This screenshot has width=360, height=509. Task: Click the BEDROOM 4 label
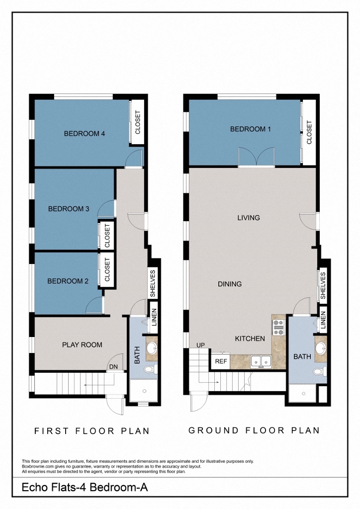pyautogui.click(x=84, y=133)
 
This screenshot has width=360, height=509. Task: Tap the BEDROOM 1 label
pyautogui.click(x=250, y=129)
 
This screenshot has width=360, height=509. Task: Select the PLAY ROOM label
pyautogui.click(x=82, y=344)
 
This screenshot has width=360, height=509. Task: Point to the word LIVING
pyautogui.click(x=249, y=218)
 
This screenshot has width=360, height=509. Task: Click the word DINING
pyautogui.click(x=230, y=284)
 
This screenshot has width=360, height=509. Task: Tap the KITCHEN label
pyautogui.click(x=250, y=339)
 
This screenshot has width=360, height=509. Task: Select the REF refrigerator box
pyautogui.click(x=221, y=362)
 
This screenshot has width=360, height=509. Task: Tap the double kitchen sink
pyautogui.click(x=261, y=361)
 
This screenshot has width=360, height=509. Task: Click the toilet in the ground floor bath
pyautogui.click(x=318, y=371)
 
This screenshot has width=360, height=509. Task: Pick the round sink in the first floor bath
pyautogui.click(x=151, y=346)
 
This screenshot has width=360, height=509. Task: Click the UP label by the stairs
pyautogui.click(x=200, y=345)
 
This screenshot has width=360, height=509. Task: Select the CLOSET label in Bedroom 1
pyautogui.click(x=309, y=133)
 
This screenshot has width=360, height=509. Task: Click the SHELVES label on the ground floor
pyautogui.click(x=322, y=286)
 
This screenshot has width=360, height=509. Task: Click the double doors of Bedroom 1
pyautogui.click(x=256, y=157)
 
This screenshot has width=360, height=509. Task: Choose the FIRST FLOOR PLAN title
pyautogui.click(x=92, y=431)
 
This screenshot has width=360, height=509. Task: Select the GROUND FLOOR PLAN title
pyautogui.click(x=254, y=430)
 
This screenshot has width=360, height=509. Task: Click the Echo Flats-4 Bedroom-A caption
pyautogui.click(x=85, y=488)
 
